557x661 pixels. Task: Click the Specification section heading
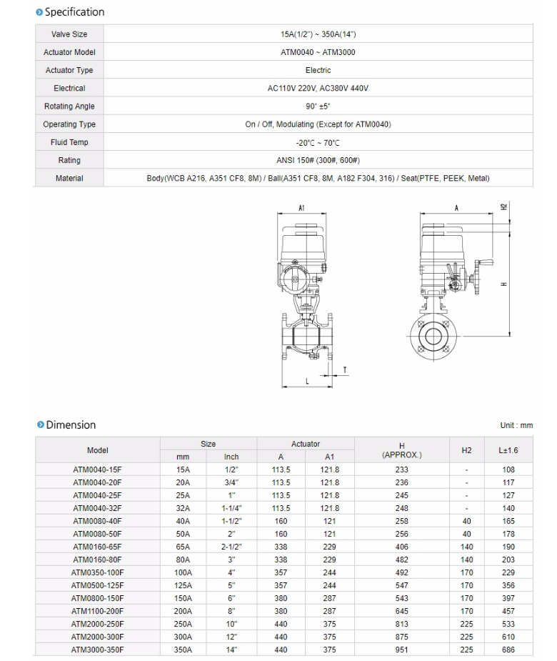coord(74,12)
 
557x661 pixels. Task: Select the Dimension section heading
coord(70,425)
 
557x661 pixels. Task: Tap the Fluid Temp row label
coord(69,142)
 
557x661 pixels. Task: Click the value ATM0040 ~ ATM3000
coord(318,52)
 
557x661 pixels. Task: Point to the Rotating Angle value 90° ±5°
coord(318,106)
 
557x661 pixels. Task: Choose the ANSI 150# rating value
coord(318,161)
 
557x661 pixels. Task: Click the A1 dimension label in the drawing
coord(301,209)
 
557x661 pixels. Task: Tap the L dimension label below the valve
coord(308,382)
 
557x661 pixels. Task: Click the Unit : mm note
coord(516,426)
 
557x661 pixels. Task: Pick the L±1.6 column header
coord(508,450)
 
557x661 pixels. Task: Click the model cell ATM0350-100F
coord(98,573)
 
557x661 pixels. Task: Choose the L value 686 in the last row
coord(508,650)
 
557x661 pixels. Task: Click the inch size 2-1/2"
coord(231,547)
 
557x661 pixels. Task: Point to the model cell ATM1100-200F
coord(98,612)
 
